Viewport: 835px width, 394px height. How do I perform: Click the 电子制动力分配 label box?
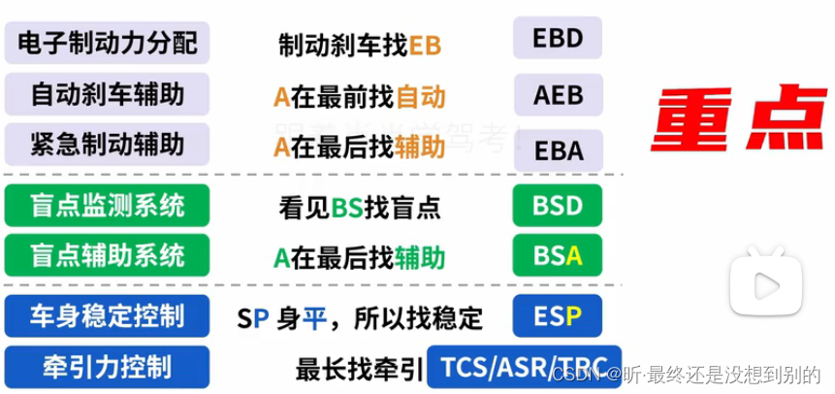107,43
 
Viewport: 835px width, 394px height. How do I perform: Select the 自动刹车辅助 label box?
107,94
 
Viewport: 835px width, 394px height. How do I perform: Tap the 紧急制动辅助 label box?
107,146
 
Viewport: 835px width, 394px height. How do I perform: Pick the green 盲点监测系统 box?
107,206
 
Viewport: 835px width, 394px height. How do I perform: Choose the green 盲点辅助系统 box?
107,256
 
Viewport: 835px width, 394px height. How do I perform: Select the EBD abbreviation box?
557,39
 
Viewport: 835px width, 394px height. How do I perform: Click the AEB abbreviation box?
557,94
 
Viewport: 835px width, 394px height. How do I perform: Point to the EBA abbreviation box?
557,149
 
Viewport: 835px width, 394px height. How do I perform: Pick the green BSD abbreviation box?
557,206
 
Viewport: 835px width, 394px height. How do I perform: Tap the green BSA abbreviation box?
557,256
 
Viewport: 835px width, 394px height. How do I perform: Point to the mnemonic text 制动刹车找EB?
360,45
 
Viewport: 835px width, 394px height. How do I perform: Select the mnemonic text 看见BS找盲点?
360,207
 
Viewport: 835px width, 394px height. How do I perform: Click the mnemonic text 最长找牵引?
360,370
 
